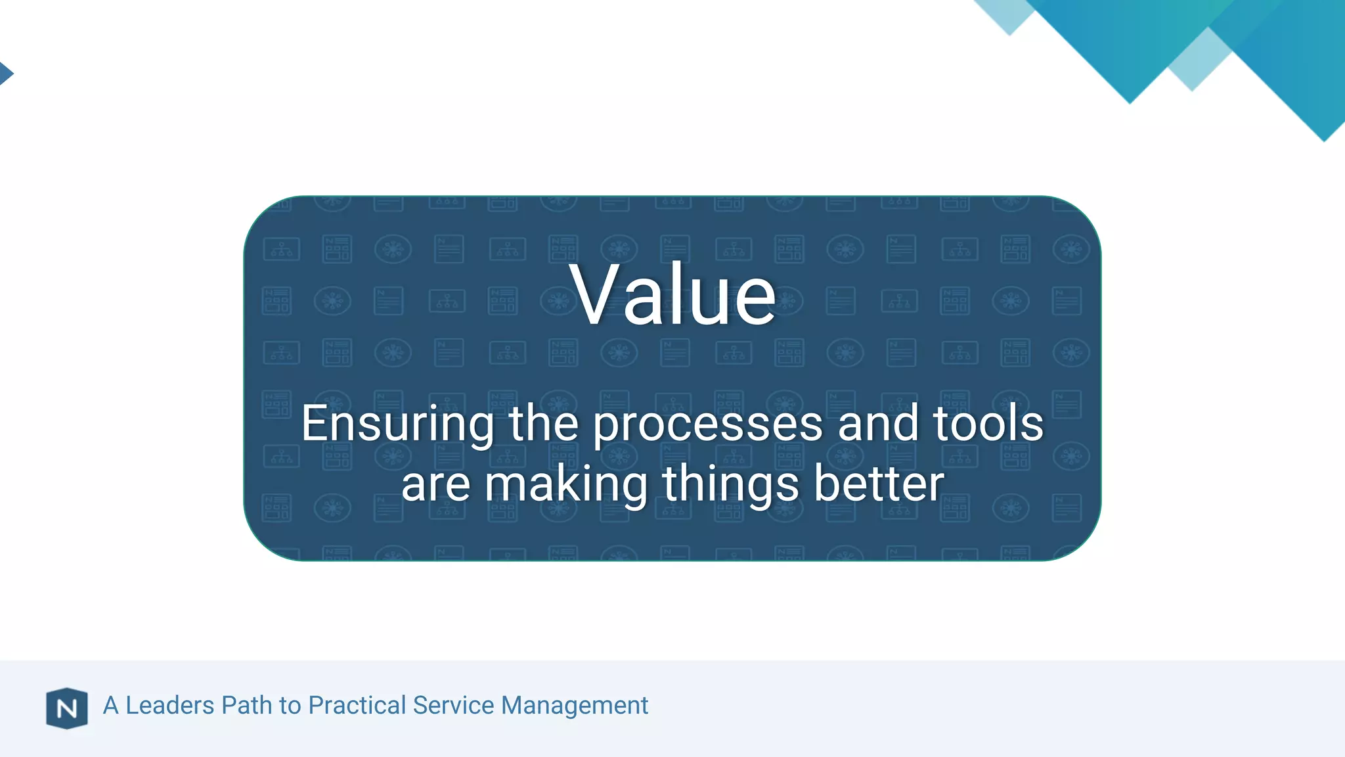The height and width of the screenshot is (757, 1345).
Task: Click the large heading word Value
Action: click(x=672, y=294)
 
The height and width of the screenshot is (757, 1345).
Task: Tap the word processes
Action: click(x=708, y=424)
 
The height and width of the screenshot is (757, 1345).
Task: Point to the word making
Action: click(x=566, y=484)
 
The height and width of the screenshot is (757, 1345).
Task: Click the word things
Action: click(x=730, y=484)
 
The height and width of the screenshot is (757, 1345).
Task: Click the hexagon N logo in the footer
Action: click(x=67, y=708)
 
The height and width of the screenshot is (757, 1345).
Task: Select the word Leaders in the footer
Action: click(x=169, y=705)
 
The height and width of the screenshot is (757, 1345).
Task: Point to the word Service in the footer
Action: click(x=453, y=705)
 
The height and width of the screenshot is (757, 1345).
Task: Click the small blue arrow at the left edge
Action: click(x=5, y=73)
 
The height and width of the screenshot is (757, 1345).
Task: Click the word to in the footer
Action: click(x=290, y=706)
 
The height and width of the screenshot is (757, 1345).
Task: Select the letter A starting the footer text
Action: click(x=111, y=705)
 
